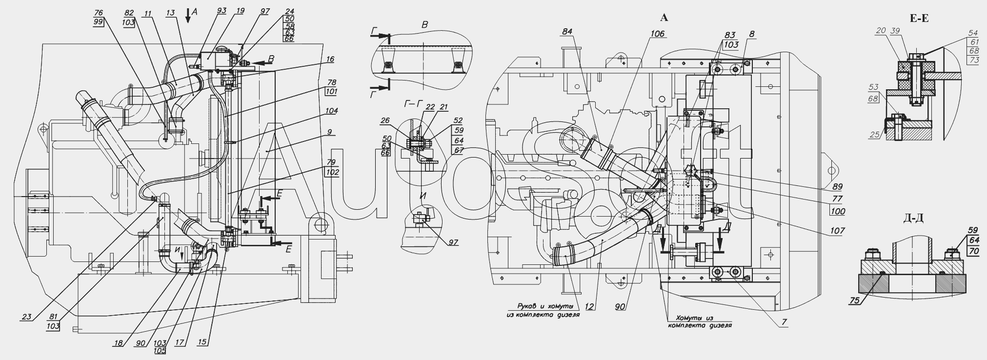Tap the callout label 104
(332, 111)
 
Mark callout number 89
(838, 187)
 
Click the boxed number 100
(838, 212)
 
